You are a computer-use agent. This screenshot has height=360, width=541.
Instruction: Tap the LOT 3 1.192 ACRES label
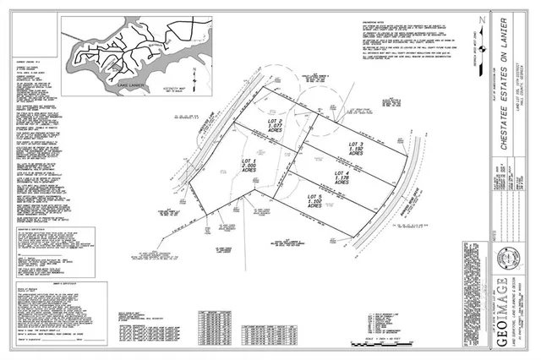(357, 150)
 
